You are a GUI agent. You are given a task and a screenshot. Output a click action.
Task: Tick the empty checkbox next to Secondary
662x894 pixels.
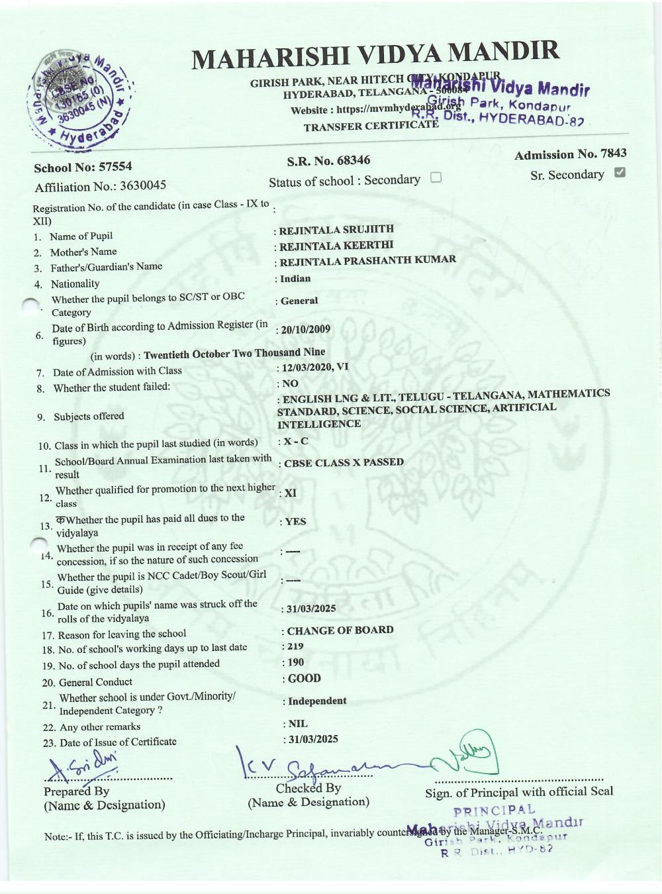point(436,177)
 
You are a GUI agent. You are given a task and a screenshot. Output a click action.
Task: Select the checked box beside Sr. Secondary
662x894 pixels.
point(620,173)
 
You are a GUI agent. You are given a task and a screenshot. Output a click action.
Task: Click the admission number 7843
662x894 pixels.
point(612,154)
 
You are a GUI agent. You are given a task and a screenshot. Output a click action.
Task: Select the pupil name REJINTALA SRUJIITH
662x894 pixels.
point(336,230)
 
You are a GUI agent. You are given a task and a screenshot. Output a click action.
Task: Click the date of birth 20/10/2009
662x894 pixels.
point(306,330)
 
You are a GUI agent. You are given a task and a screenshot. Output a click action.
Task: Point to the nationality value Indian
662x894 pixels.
point(295,279)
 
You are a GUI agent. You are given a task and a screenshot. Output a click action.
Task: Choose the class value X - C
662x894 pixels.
point(295,441)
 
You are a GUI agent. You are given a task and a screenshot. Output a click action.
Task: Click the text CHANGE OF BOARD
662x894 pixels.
point(340,630)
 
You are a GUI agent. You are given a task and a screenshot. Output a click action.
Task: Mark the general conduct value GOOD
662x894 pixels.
point(305,679)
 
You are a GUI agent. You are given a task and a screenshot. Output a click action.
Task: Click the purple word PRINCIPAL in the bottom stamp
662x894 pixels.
point(495,810)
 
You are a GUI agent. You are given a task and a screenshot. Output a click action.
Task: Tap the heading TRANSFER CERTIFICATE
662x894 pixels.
point(371,126)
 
